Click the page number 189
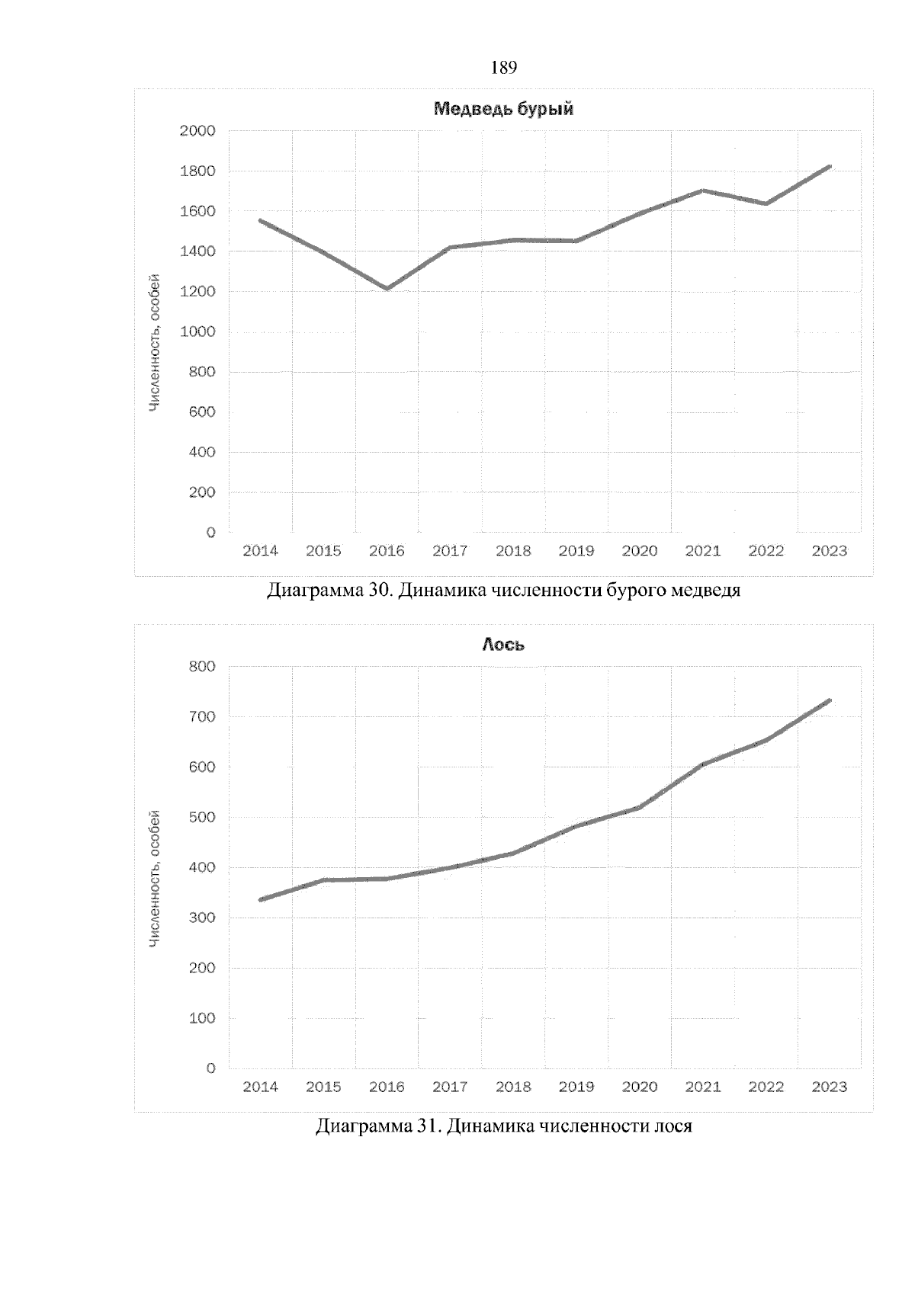pyautogui.click(x=504, y=69)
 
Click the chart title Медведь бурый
pyautogui.click(x=503, y=109)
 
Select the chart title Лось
pyautogui.click(x=503, y=645)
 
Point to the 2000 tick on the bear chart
pyautogui.click(x=197, y=131)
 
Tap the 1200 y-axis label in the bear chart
pyautogui.click(x=197, y=292)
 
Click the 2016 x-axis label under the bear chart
pyautogui.click(x=387, y=551)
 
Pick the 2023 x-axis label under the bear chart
pyautogui.click(x=829, y=551)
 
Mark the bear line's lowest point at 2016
pyautogui.click(x=387, y=289)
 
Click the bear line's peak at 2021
pyautogui.click(x=702, y=191)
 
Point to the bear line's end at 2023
pyautogui.click(x=829, y=167)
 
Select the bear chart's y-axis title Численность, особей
pyautogui.click(x=155, y=343)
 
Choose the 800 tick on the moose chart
pyautogui.click(x=201, y=667)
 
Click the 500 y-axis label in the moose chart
pyautogui.click(x=201, y=818)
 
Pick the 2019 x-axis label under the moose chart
pyautogui.click(x=576, y=1087)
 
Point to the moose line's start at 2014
pyautogui.click(x=261, y=900)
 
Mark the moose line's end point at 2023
pyautogui.click(x=829, y=700)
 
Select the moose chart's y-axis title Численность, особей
pyautogui.click(x=155, y=879)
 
